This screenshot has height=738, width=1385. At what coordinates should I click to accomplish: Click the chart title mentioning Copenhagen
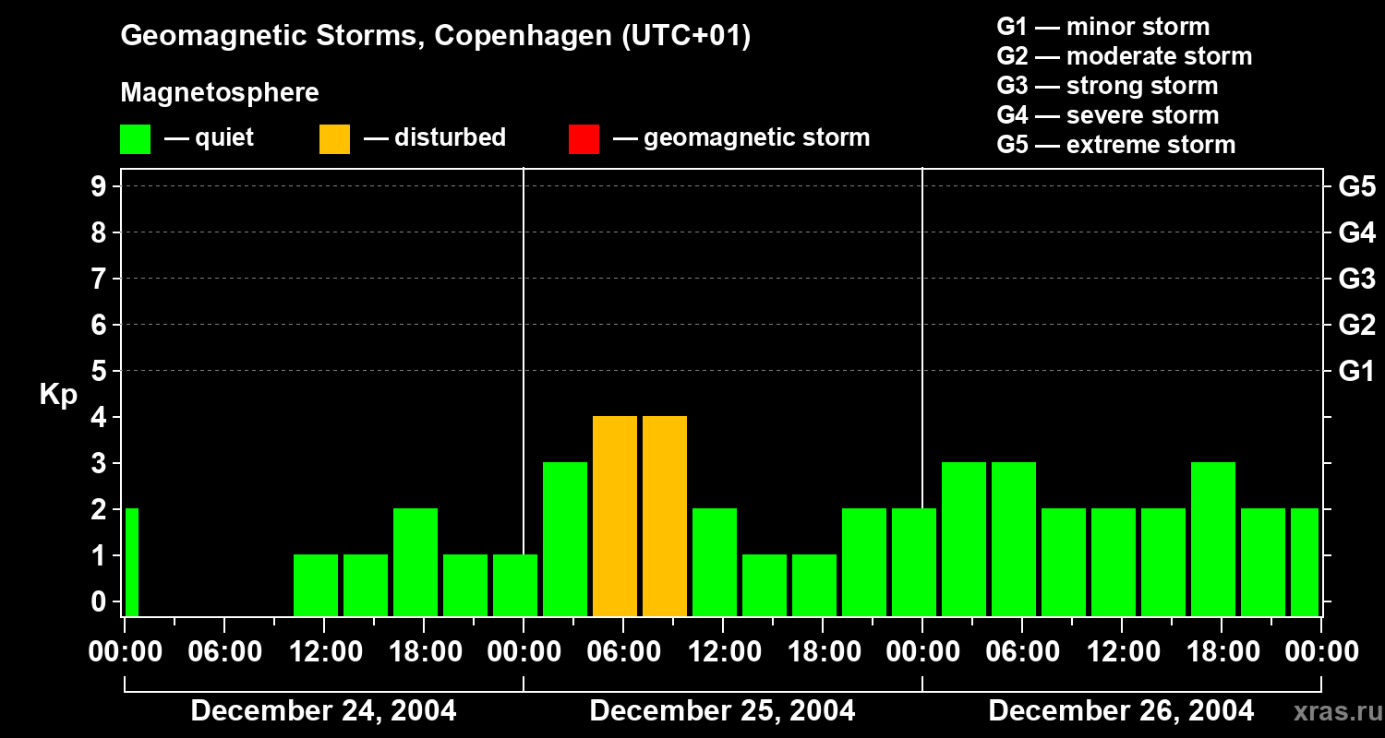point(435,36)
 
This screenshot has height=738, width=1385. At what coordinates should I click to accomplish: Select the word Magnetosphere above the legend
point(220,93)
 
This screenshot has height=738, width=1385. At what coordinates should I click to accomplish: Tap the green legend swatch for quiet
point(135,138)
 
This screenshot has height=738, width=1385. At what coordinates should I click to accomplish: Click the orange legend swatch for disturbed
point(334,138)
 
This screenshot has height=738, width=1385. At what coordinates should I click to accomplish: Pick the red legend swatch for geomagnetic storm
point(584,138)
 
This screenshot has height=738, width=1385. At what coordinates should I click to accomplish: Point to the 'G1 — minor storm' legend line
point(1103,27)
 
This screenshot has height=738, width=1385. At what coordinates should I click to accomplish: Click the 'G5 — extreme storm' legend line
point(1115,145)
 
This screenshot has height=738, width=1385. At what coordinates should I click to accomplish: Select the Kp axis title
point(58,395)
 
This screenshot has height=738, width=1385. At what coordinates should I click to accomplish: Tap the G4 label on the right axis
point(1356,232)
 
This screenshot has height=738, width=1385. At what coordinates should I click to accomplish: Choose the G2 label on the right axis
point(1356,325)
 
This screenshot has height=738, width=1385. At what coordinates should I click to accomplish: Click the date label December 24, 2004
point(323,711)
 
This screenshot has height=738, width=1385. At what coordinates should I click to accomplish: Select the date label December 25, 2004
point(722,711)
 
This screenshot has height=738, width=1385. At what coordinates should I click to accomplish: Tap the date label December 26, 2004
point(1121,711)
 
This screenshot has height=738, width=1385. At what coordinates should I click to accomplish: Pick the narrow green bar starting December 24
point(131,562)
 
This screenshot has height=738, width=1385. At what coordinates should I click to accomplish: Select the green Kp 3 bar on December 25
point(565,539)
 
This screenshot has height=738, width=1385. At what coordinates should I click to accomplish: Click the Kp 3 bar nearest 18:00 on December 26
point(1213,539)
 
